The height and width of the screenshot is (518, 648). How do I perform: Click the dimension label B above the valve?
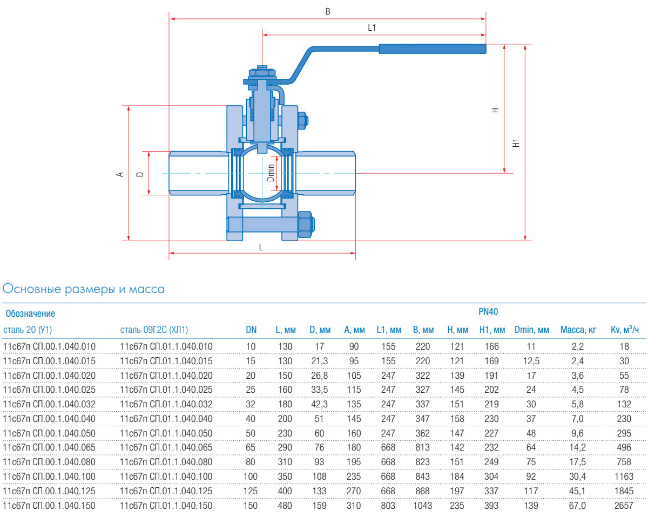click(x=328, y=11)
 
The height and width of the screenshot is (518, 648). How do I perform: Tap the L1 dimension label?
click(x=372, y=28)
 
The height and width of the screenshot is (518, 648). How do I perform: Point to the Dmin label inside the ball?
click(x=272, y=173)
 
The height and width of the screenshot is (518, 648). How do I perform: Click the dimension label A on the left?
click(x=121, y=174)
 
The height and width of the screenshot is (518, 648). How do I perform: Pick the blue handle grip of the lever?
click(x=432, y=49)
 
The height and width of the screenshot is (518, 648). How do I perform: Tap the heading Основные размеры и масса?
click(x=84, y=289)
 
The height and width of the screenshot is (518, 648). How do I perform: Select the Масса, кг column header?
click(x=578, y=330)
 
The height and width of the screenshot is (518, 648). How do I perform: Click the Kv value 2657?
click(x=625, y=506)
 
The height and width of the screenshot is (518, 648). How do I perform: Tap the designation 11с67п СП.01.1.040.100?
click(x=166, y=476)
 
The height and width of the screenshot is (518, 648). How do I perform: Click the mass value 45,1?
click(x=578, y=491)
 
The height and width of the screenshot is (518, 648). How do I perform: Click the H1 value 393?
click(x=491, y=506)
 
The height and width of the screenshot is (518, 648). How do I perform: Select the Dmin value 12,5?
click(x=531, y=360)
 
